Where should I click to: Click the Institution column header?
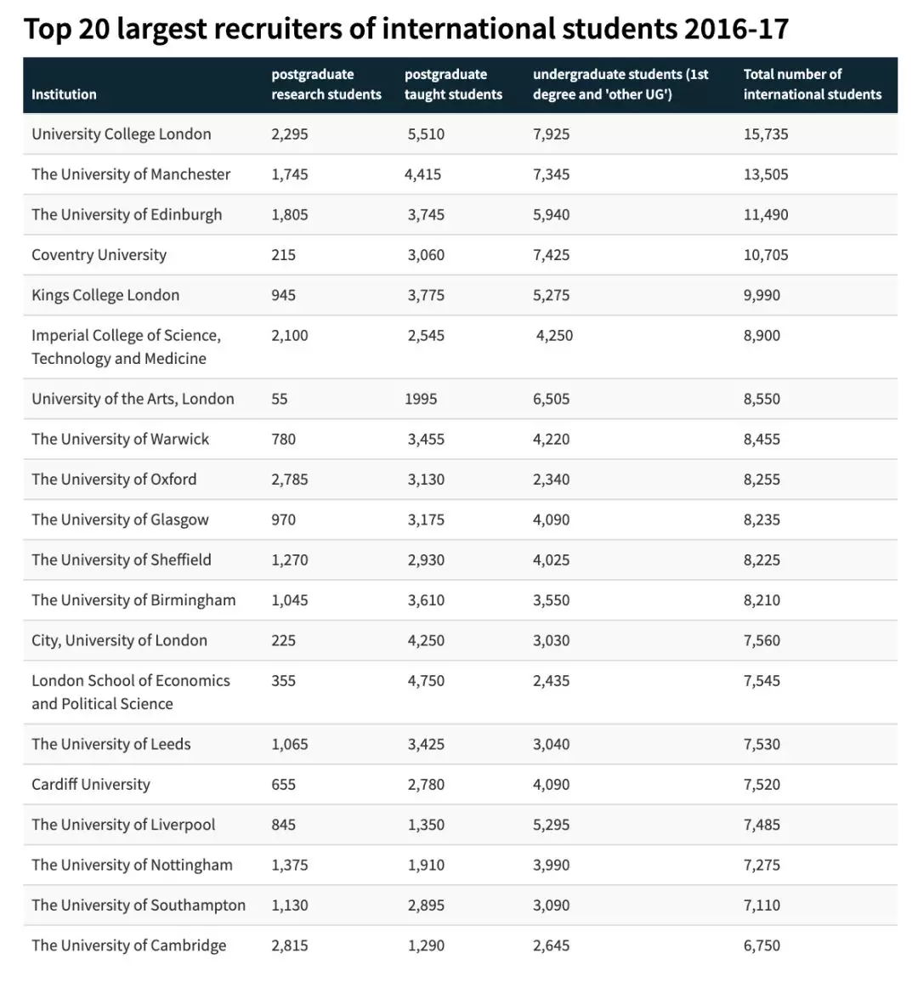click(x=64, y=94)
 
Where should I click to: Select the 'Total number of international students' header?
click(x=812, y=84)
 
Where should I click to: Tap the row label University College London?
click(x=122, y=134)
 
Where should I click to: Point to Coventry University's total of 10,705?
click(x=765, y=255)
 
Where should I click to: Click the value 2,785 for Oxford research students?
click(x=290, y=480)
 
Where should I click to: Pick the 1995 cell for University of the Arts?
click(x=421, y=399)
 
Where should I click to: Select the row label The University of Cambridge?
click(x=129, y=945)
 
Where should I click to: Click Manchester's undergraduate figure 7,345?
click(x=551, y=174)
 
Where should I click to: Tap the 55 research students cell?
click(x=280, y=399)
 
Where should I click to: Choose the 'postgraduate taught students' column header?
click(x=453, y=84)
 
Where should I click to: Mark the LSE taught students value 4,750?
click(x=426, y=681)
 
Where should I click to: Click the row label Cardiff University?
click(x=91, y=785)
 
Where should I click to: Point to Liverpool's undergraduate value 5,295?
click(x=551, y=825)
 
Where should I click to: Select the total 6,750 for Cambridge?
click(x=762, y=945)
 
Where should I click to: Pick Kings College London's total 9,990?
click(x=762, y=296)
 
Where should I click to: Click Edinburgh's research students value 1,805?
click(x=290, y=215)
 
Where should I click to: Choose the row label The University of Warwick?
click(x=121, y=440)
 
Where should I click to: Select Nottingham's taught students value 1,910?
click(x=426, y=866)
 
